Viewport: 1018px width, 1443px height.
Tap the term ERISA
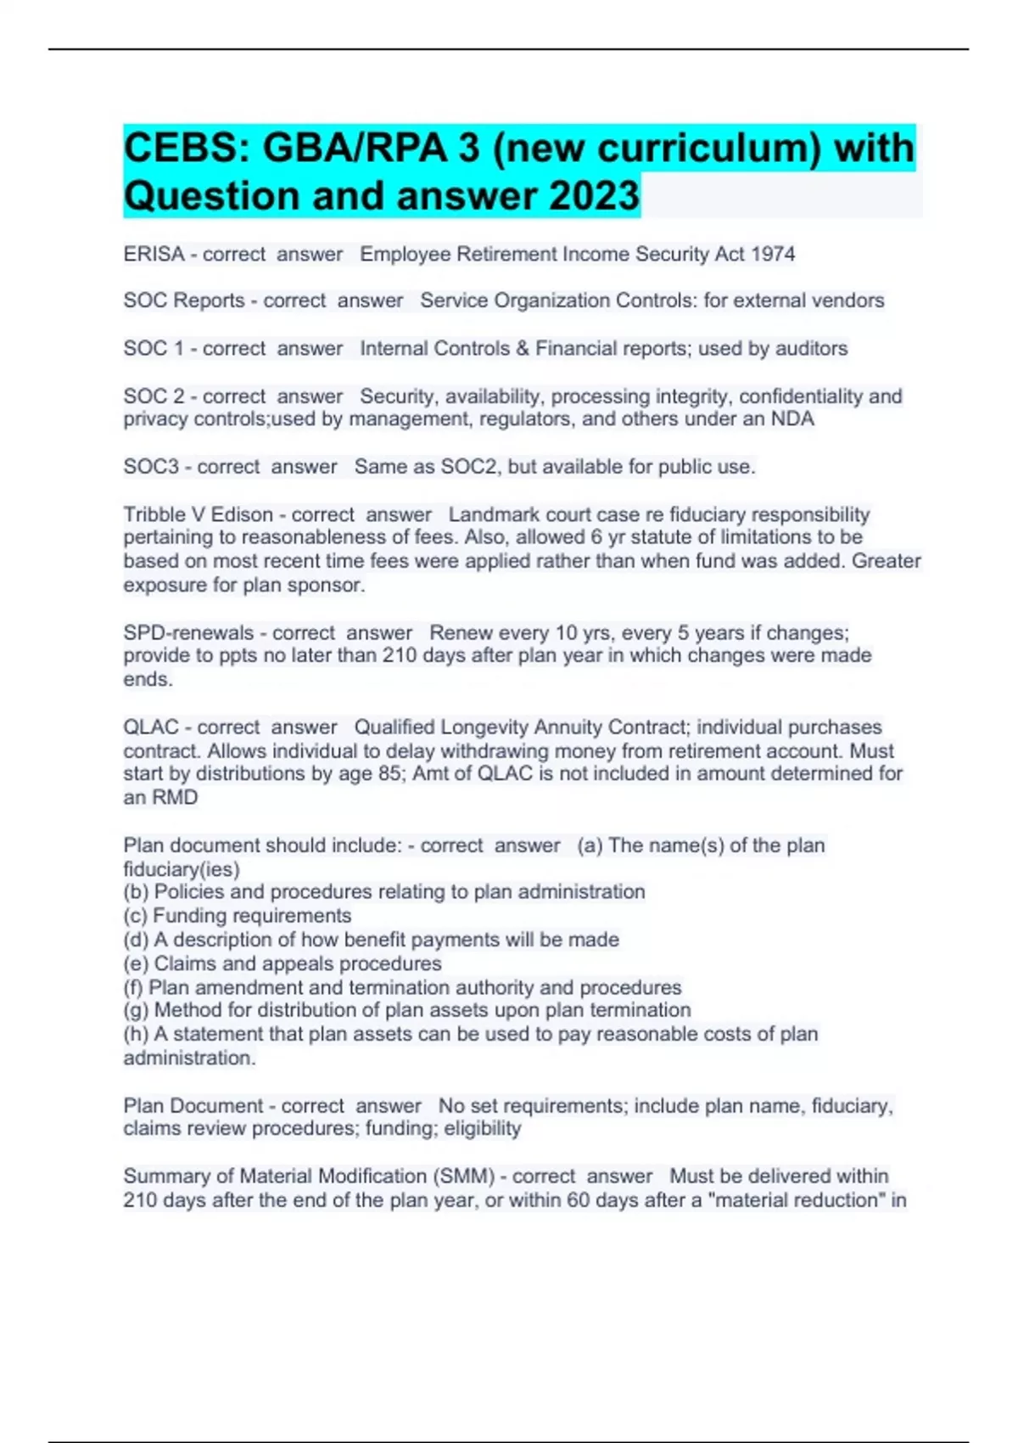coord(154,254)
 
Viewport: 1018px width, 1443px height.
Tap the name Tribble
coord(154,514)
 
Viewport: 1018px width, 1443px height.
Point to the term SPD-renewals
coord(188,632)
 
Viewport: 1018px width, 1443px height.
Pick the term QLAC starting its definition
coord(151,727)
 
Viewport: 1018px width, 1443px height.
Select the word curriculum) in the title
coord(709,149)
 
